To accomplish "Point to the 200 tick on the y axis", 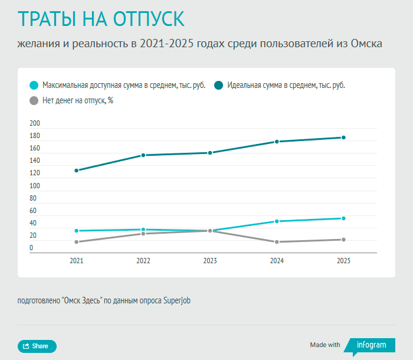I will point(35,123).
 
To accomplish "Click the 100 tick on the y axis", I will point(35,186).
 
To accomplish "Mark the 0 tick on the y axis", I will point(31,248).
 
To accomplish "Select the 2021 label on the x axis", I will point(76,260).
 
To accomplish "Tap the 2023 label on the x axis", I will point(209,260).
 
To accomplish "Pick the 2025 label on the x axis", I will point(343,260).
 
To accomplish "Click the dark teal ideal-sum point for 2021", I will point(76,171).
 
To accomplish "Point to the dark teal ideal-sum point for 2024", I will point(277,142).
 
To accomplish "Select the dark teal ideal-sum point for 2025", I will point(343,138).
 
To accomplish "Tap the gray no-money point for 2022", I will point(143,234).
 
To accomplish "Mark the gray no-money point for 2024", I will point(277,242).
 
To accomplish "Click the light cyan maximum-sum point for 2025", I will point(343,218).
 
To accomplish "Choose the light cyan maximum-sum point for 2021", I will point(76,231).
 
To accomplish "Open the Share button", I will point(37,346).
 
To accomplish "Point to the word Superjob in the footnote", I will point(177,300).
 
